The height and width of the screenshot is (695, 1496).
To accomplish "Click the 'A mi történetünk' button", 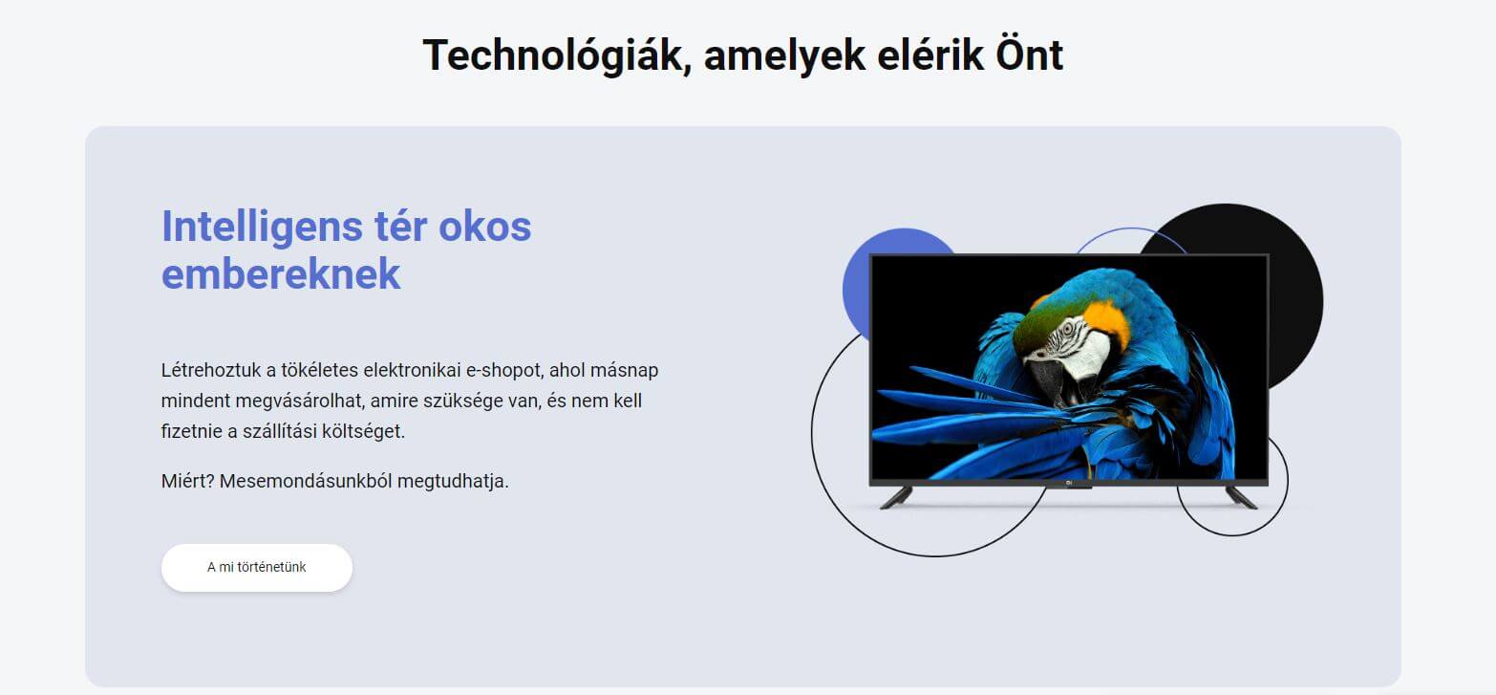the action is (x=256, y=567).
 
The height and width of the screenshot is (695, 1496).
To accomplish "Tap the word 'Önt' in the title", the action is (x=1029, y=54).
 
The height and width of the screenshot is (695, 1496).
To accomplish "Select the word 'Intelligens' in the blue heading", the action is (x=261, y=228).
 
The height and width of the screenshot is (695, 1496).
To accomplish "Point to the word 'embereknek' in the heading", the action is (x=281, y=274).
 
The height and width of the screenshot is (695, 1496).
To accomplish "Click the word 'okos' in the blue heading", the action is (x=485, y=226).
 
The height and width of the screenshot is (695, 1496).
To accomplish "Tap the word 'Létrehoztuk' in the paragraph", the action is (x=210, y=370).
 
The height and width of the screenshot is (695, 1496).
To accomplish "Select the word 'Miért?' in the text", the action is (x=187, y=481).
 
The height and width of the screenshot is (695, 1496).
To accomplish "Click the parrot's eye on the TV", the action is (x=1067, y=329).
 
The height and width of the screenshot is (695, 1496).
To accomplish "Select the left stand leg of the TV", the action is (x=896, y=498).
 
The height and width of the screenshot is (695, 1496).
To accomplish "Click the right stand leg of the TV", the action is (x=1241, y=498).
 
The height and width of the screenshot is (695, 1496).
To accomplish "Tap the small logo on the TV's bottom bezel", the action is (x=1069, y=483).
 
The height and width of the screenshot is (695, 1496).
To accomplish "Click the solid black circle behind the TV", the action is (x=1295, y=301).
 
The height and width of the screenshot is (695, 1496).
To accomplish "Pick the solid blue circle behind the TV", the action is (x=857, y=288).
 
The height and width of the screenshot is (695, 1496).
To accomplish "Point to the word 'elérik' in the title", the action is (x=930, y=55).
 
